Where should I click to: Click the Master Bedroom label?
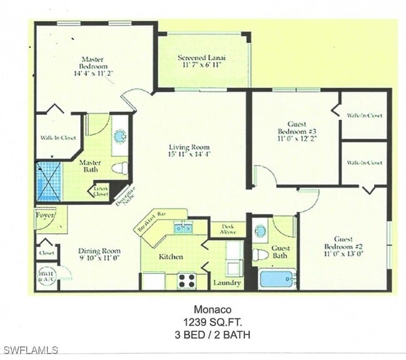93,61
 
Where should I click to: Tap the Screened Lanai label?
201,57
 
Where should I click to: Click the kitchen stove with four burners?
187,280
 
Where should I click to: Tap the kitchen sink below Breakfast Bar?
183,228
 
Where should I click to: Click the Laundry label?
227,283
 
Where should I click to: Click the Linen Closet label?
100,191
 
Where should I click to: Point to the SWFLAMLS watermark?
30,350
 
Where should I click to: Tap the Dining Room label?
99,252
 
